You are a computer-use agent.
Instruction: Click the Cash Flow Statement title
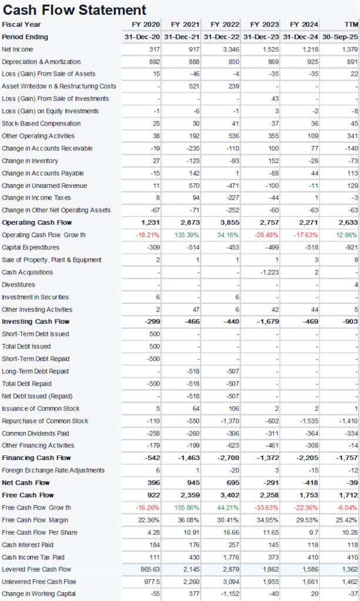click(x=75, y=9)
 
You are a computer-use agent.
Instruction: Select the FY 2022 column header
click(x=225, y=24)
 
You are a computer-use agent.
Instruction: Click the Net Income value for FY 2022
click(x=231, y=49)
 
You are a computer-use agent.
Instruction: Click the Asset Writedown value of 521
click(x=194, y=86)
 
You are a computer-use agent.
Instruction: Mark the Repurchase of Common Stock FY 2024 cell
click(x=308, y=421)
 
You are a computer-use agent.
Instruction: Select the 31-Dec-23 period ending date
click(x=261, y=36)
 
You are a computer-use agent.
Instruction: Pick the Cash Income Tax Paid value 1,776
click(x=230, y=557)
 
